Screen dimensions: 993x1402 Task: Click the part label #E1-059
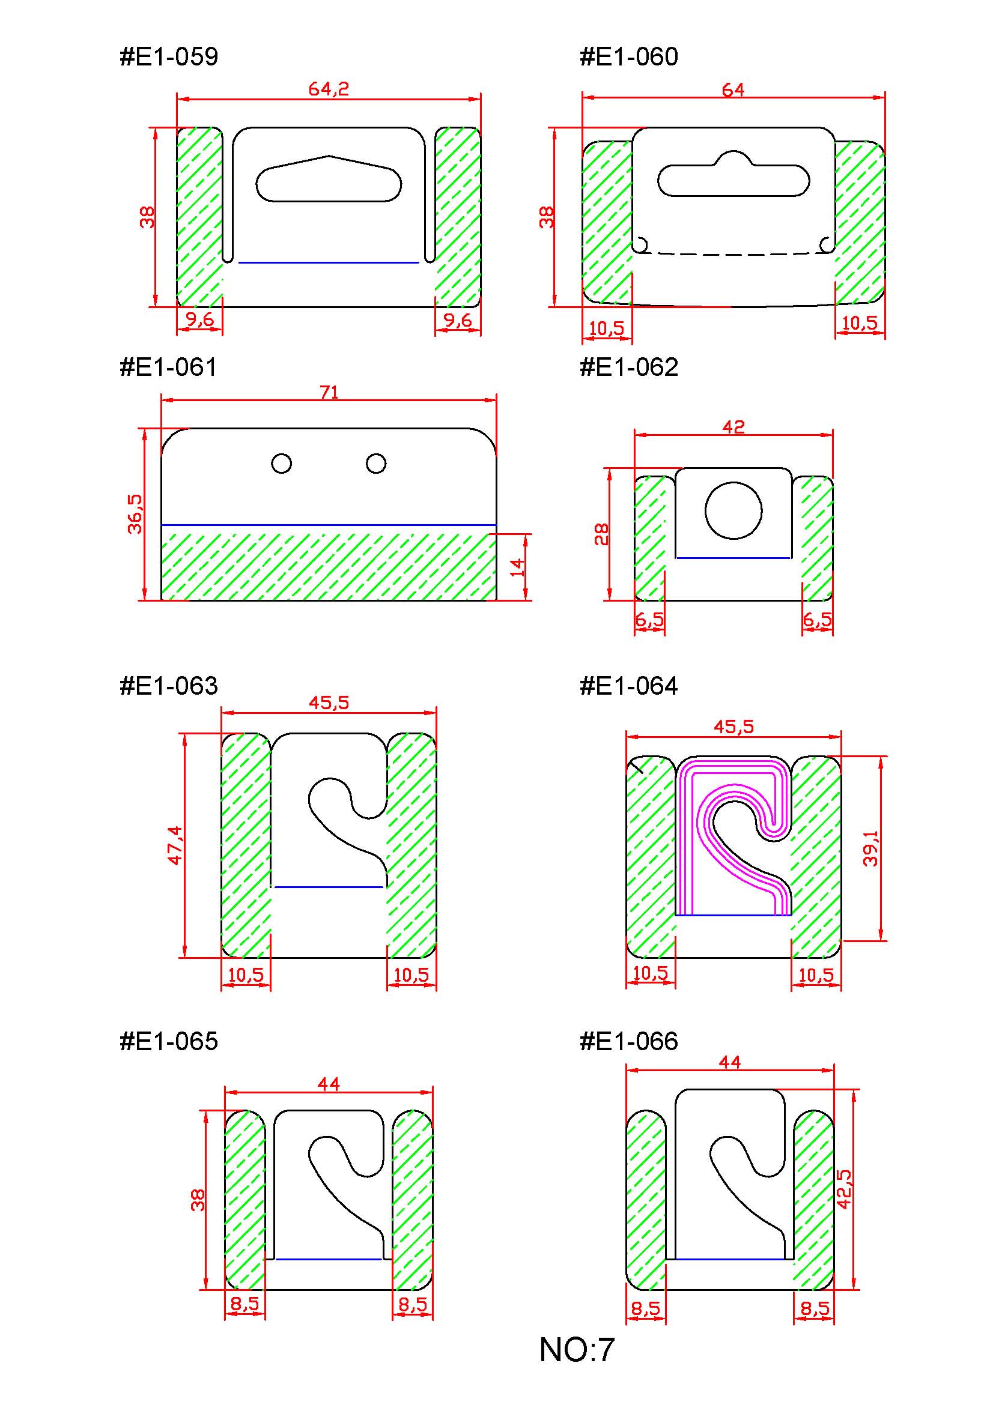(169, 57)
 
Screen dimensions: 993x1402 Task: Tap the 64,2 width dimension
(329, 89)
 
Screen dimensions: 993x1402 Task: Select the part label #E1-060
(628, 57)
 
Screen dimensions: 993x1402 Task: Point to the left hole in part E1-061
(281, 464)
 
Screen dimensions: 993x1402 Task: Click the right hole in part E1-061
(376, 464)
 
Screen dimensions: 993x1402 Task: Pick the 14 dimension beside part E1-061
(517, 567)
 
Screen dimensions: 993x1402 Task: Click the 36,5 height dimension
(135, 513)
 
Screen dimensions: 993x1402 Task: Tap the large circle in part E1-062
(733, 510)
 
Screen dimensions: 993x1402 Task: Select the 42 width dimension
(733, 426)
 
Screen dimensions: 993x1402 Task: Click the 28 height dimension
(602, 534)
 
